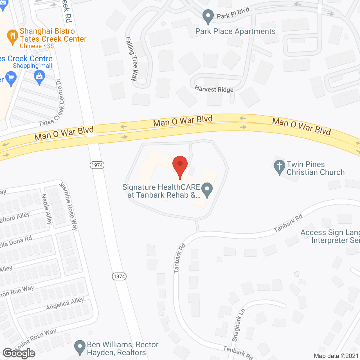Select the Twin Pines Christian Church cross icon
click(279, 166)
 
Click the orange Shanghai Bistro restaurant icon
click(12, 37)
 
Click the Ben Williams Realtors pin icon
click(80, 347)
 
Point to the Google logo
click(19, 353)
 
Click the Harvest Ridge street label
click(214, 89)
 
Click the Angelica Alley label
click(65, 304)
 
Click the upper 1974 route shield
click(97, 165)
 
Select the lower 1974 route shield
click(119, 276)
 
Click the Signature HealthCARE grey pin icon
click(207, 190)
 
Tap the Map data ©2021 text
click(336, 356)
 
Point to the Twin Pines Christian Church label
click(315, 168)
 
